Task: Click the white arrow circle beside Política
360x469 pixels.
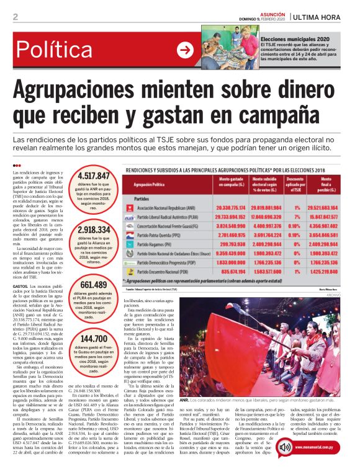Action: pos(186,50)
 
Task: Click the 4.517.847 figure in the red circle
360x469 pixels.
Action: pos(93,177)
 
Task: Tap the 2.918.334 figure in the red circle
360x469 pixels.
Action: pos(93,230)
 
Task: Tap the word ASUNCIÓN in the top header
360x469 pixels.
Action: pos(271,13)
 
